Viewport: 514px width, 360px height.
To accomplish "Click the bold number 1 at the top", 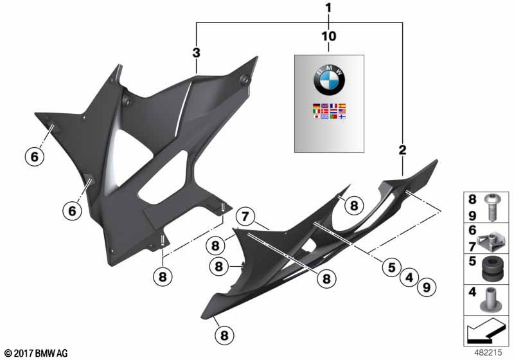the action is click(x=329, y=8).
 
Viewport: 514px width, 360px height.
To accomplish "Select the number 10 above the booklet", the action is click(x=329, y=36).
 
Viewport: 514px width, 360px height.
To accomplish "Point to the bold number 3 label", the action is click(x=196, y=53).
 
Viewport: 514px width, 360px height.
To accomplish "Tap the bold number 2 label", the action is click(x=402, y=150).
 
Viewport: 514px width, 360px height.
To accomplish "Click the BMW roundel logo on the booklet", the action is click(x=329, y=79).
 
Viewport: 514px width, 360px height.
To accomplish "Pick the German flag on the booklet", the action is click(x=316, y=106).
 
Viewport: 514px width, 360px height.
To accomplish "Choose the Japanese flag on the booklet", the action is click(x=316, y=116).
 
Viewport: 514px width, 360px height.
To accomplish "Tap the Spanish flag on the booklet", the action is click(x=342, y=106).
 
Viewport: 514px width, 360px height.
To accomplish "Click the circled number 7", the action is click(x=245, y=217).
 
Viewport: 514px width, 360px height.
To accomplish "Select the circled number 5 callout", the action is click(x=392, y=267).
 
